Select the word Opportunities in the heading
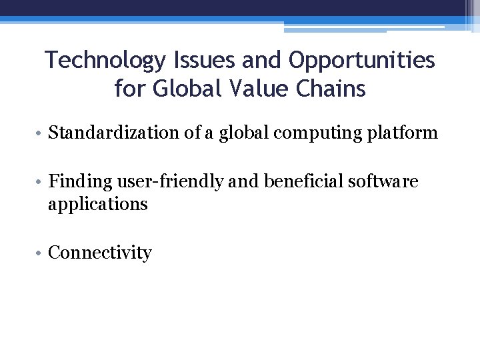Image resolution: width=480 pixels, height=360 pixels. coord(362,61)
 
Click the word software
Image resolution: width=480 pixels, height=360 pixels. coord(385,181)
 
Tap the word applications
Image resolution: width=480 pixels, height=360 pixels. coord(97,204)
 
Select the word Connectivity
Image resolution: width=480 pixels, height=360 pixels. coord(100,253)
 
